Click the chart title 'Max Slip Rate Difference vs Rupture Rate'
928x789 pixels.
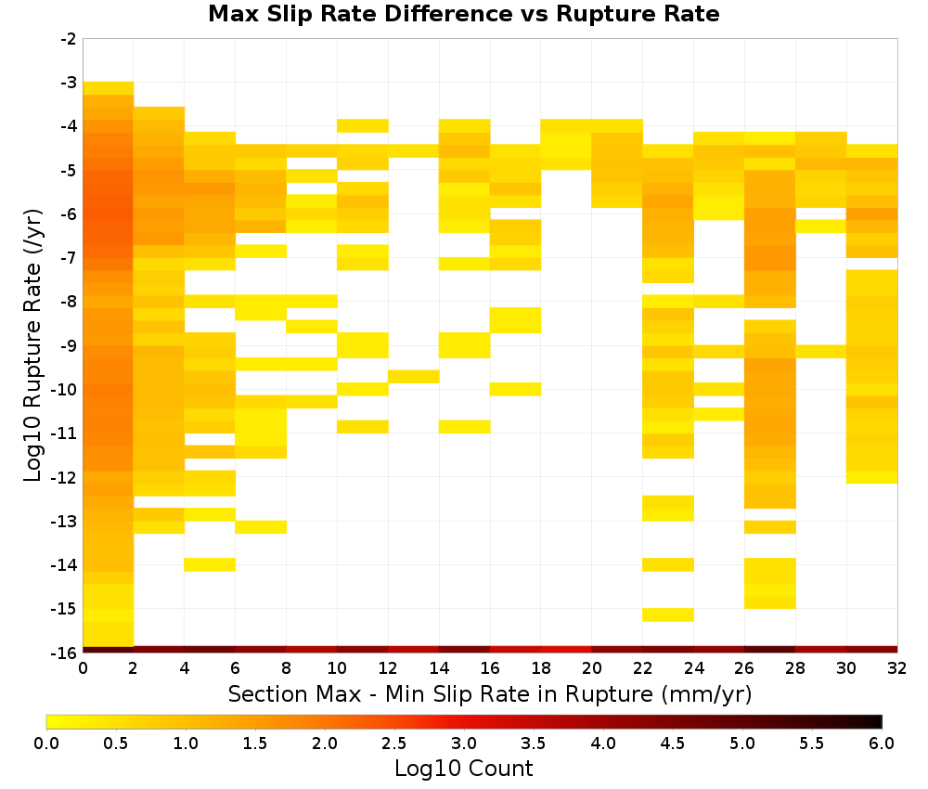[463, 14]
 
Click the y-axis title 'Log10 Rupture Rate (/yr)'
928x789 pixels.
[33, 345]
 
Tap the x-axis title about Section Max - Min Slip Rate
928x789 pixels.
[489, 693]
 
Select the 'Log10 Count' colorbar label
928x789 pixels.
[463, 769]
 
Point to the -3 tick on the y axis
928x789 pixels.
[69, 83]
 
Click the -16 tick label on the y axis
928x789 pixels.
[65, 653]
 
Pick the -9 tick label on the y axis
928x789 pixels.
[69, 345]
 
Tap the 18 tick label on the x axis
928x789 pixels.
[541, 668]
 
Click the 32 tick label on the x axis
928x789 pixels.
[897, 668]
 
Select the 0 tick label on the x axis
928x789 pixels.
[83, 668]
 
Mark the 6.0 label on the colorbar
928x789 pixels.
[882, 744]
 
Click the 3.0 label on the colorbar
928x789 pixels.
[464, 744]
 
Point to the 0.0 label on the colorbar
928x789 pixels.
[46, 744]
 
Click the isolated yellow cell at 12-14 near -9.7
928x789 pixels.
[414, 377]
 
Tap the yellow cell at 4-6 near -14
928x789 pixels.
[210, 564]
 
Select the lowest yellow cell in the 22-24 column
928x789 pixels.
[668, 614]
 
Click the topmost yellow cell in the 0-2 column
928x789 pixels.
[109, 88]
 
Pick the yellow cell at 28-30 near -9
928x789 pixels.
[821, 352]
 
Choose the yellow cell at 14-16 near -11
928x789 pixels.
[465, 427]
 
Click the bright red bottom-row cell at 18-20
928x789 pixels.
[566, 650]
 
